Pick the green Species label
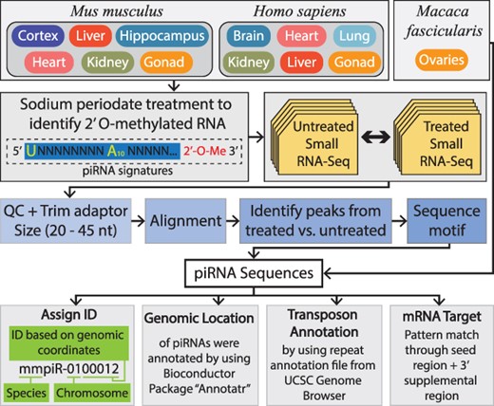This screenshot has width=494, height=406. [36, 390]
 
